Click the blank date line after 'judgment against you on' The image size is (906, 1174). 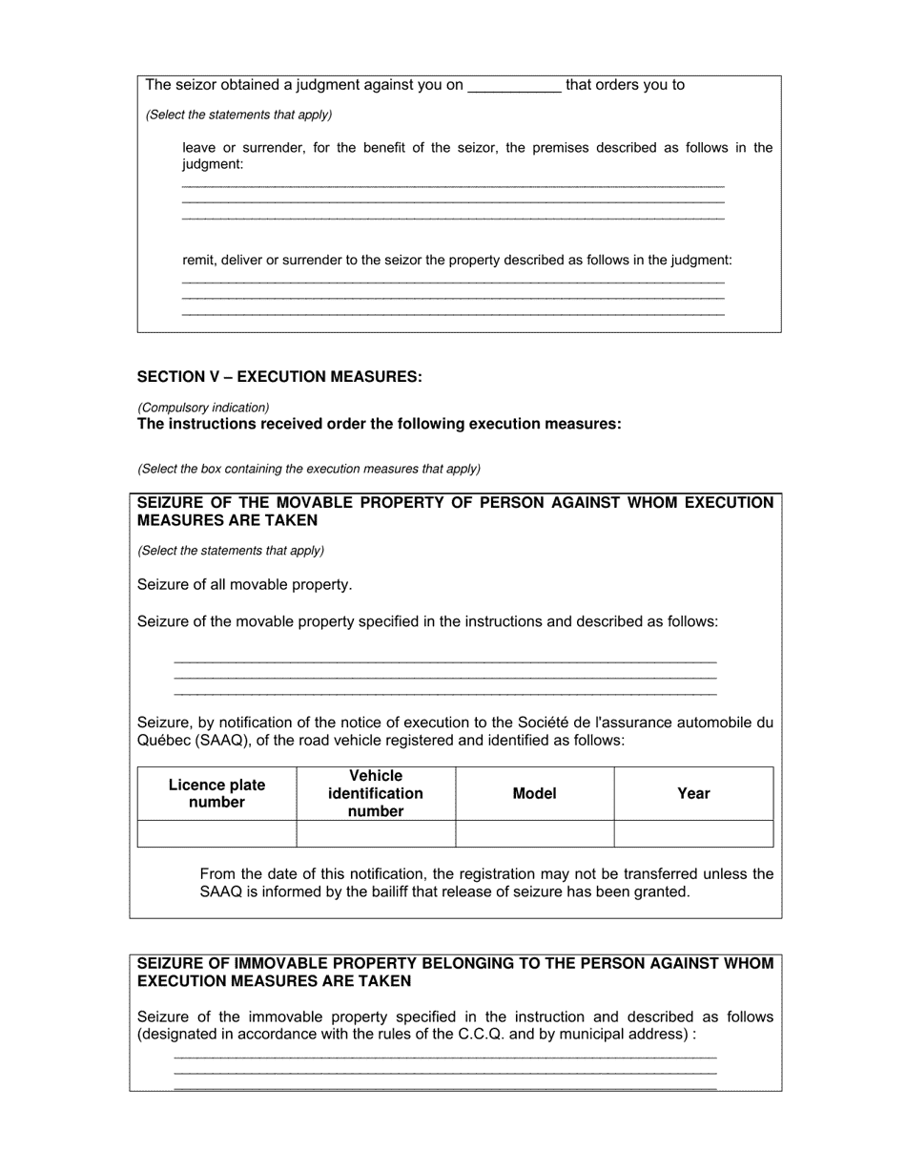[x=515, y=86]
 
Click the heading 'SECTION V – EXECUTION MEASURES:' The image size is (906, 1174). [x=279, y=377]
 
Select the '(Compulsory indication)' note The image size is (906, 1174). [x=203, y=408]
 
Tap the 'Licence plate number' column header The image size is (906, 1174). [x=216, y=793]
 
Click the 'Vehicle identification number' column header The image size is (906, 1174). [x=376, y=793]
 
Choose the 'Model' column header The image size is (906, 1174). [x=534, y=793]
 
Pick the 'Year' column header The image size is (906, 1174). [x=693, y=793]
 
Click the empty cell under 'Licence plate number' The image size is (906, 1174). [x=216, y=833]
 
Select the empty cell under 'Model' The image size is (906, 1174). [x=534, y=833]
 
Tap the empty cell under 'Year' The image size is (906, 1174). [x=693, y=833]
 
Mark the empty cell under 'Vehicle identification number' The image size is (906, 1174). [x=376, y=833]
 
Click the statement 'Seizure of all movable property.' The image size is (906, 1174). [x=245, y=584]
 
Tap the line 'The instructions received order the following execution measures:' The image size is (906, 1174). [x=380, y=424]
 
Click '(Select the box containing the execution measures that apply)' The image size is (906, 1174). [x=309, y=469]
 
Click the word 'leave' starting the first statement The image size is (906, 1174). [x=199, y=148]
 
